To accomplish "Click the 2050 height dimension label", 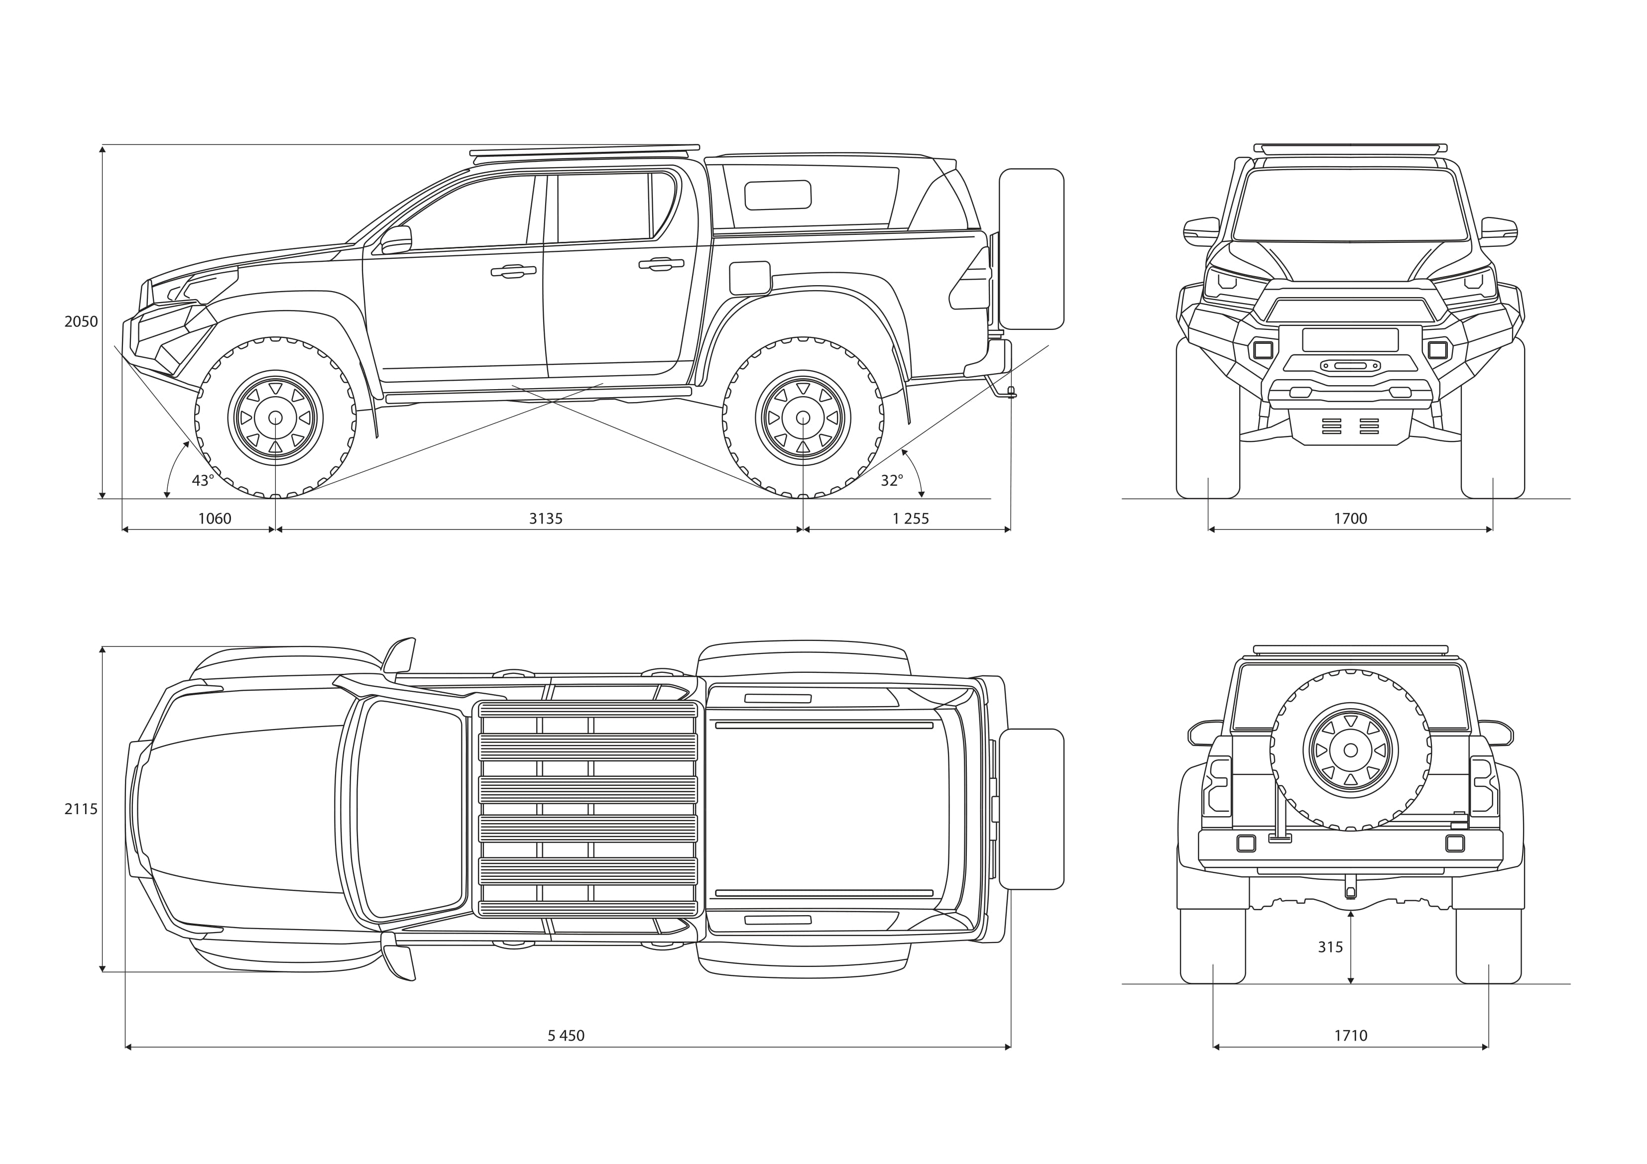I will tap(81, 321).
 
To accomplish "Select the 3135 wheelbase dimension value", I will tap(545, 519).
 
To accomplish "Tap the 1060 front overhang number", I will tap(215, 519).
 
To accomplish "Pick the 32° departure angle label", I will tap(892, 481).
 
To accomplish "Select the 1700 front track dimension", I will tap(1350, 519).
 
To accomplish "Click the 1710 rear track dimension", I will tap(1350, 1036).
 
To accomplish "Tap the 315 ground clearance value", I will tap(1330, 948).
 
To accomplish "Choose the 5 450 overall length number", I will tap(566, 1036).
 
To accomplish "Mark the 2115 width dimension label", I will tap(81, 809).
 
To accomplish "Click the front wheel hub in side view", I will tap(275, 418).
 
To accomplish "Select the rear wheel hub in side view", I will tap(803, 418).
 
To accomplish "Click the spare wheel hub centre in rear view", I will tap(1350, 750).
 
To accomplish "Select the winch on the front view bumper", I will tap(1350, 366).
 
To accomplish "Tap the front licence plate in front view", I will tap(1350, 339).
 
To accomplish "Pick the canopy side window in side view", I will tap(778, 195).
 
